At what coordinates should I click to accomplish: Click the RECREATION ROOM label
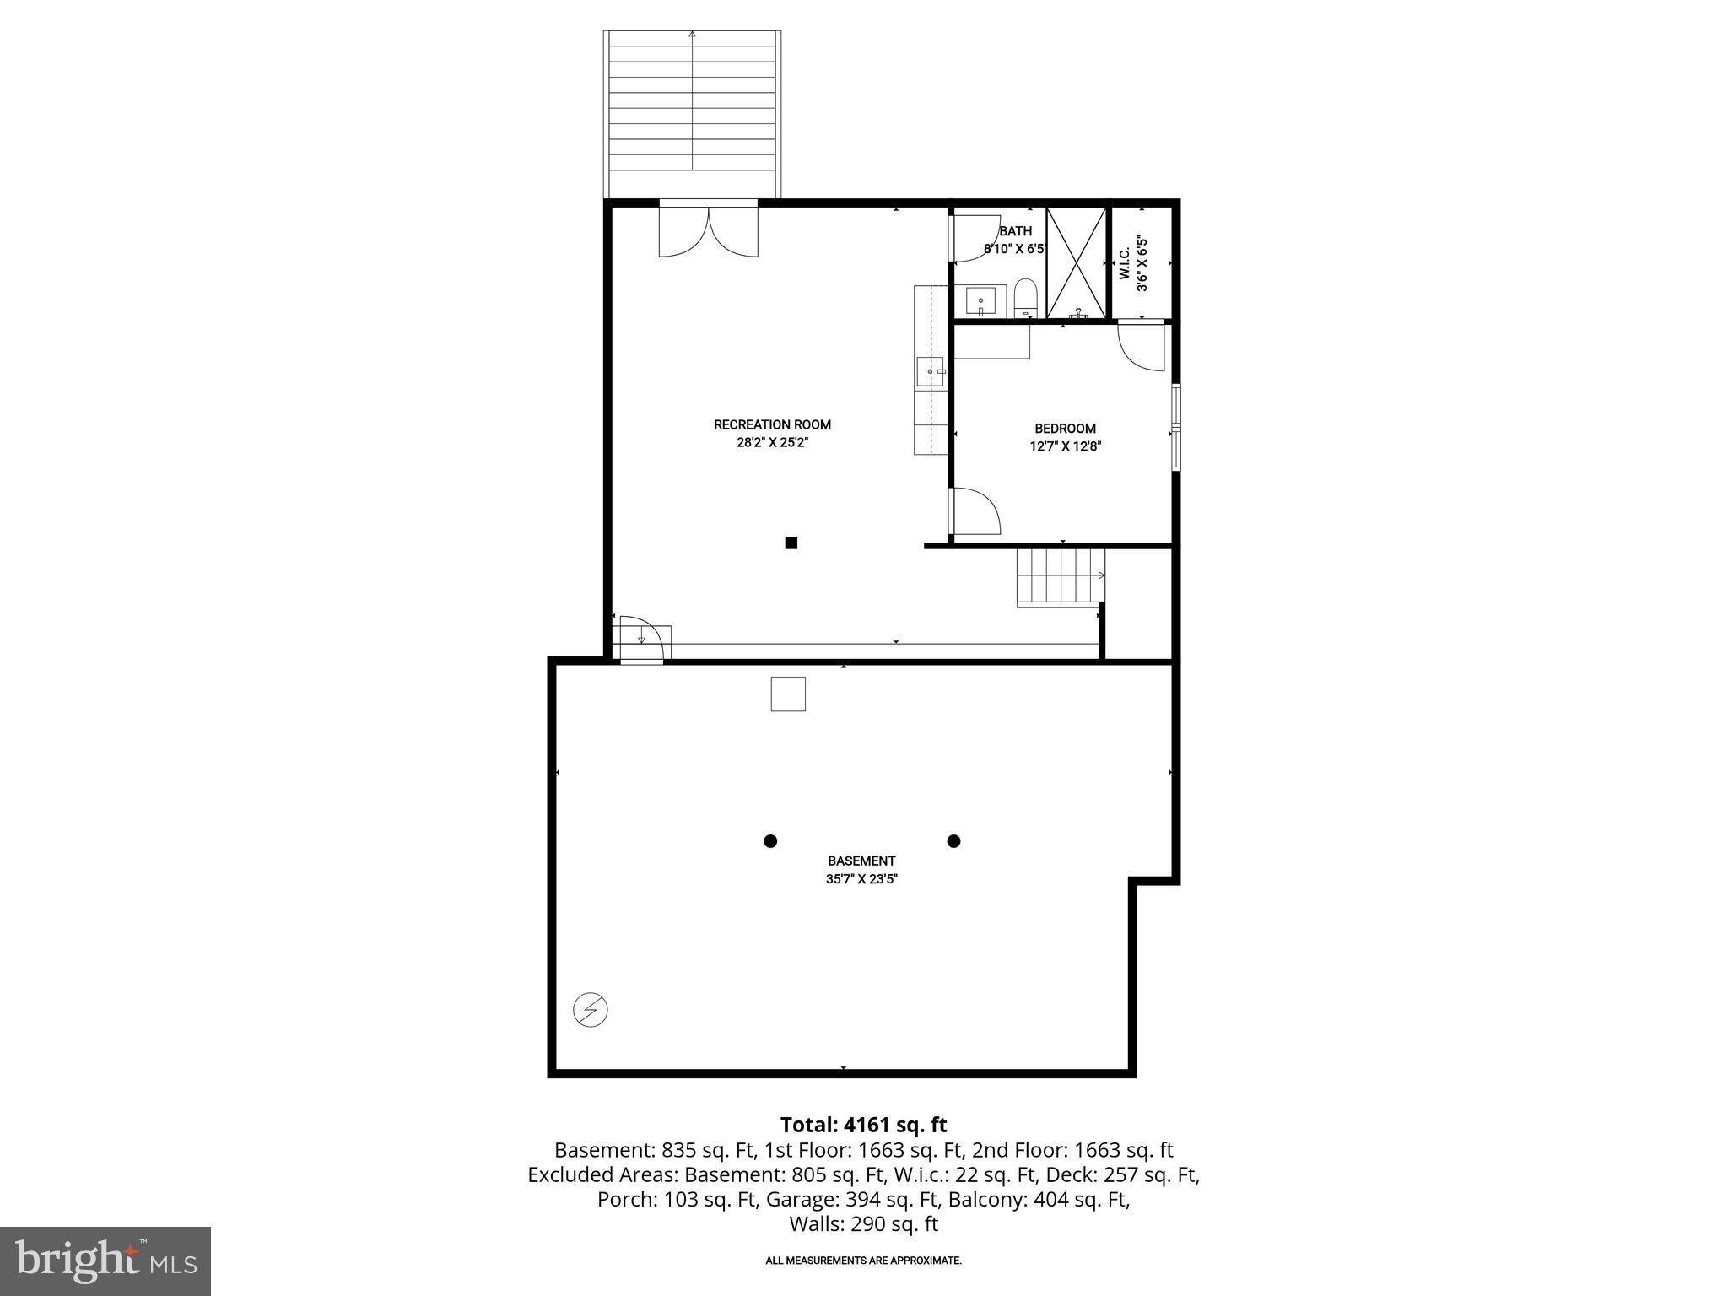[x=772, y=424]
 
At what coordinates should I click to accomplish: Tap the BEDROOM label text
[x=1065, y=429]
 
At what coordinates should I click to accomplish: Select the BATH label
[x=1015, y=231]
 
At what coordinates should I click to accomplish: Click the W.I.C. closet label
[x=1125, y=263]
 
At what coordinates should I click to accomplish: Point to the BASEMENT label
[x=861, y=861]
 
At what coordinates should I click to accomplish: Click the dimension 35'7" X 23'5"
[x=861, y=879]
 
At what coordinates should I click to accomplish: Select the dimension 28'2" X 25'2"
[x=772, y=443]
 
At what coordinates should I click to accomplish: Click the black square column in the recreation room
[x=791, y=543]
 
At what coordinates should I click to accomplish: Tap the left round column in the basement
[x=769, y=840]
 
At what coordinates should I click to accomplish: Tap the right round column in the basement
[x=953, y=840]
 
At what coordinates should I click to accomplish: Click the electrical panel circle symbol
[x=591, y=1010]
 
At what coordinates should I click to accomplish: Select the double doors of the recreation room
[x=708, y=231]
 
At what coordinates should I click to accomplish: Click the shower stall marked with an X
[x=1076, y=262]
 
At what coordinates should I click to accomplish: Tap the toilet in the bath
[x=1025, y=297]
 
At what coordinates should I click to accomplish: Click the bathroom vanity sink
[x=980, y=300]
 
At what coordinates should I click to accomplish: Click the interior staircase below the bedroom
[x=1060, y=575]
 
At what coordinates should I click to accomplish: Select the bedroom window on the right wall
[x=1175, y=425]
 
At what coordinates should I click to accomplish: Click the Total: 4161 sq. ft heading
[x=863, y=1125]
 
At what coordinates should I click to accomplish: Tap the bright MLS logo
[x=105, y=1261]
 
